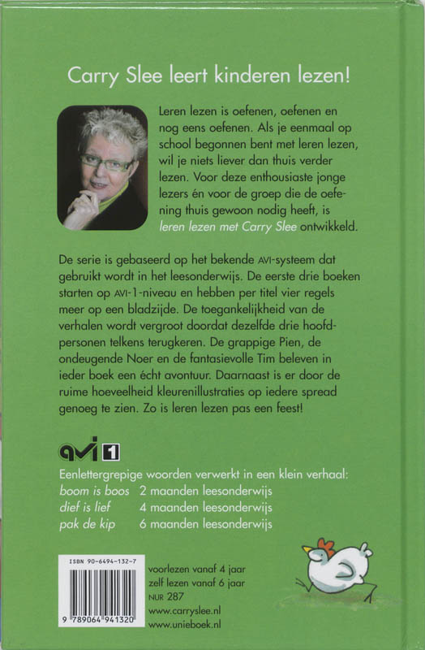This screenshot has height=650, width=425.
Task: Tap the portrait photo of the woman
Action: [x=102, y=167]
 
